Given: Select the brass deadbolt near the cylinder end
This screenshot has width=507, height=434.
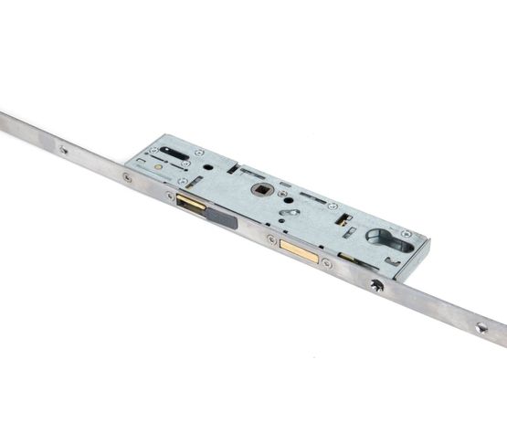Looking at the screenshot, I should point(300,248).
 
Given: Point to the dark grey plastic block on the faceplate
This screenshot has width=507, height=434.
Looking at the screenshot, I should point(223,217).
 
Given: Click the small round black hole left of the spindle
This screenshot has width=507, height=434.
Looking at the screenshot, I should point(211,167).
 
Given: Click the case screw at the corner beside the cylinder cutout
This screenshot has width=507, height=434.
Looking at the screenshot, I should point(406,234).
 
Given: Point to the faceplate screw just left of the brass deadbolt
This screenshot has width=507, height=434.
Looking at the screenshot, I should point(270,239).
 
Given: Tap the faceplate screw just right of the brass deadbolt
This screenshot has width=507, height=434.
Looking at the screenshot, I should point(327,263).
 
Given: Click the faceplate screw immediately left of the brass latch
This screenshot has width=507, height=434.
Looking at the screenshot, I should point(170,196).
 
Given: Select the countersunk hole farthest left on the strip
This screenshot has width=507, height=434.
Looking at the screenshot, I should point(63,149).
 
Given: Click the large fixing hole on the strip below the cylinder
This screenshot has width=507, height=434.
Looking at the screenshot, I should point(376,285).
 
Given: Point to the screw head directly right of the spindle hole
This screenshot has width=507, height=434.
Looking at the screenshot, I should point(282,194).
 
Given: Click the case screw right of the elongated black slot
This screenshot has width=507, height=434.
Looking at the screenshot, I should point(198,153).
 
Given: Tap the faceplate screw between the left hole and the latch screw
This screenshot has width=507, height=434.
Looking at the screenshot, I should point(127,177).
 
